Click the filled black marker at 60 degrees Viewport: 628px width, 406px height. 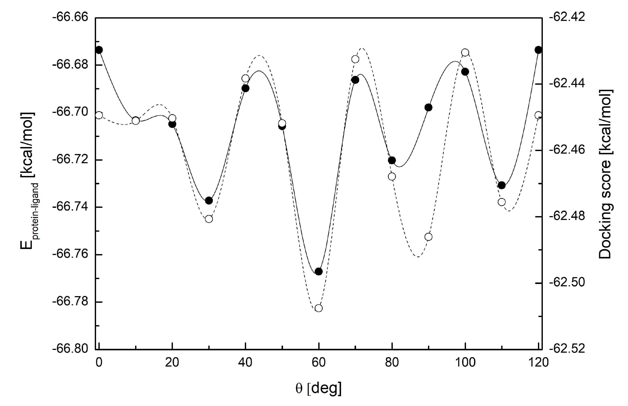(x=319, y=271)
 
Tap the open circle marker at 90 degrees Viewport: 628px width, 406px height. (x=429, y=237)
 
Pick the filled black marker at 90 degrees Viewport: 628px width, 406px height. (x=429, y=107)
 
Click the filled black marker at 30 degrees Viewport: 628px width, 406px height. (x=209, y=200)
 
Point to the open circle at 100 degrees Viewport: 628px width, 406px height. (x=465, y=52)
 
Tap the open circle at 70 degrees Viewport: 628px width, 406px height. (x=355, y=59)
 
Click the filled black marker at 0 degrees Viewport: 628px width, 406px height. (x=99, y=50)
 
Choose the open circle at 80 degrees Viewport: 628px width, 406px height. (x=392, y=176)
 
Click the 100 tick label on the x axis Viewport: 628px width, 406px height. (x=465, y=362)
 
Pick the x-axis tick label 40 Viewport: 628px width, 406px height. (x=245, y=362)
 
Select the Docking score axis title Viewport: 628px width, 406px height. (x=605, y=174)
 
